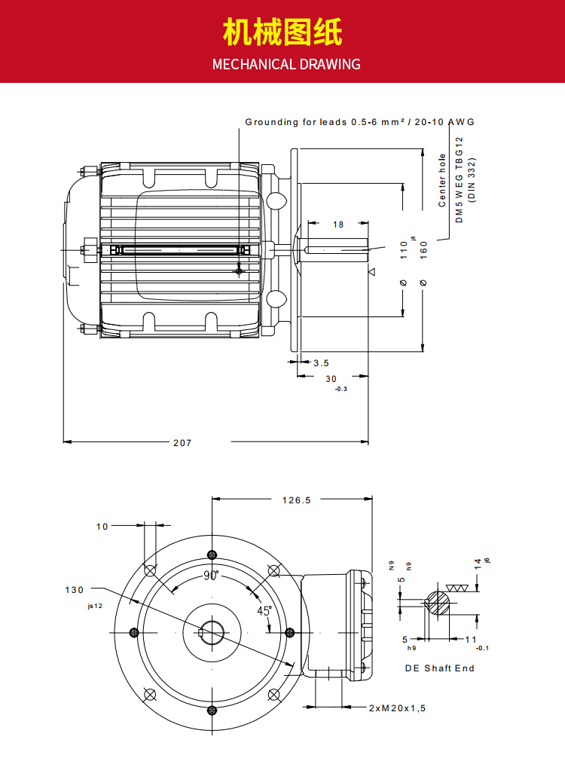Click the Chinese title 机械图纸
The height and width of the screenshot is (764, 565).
(282, 34)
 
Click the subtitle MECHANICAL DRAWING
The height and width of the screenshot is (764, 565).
(286, 64)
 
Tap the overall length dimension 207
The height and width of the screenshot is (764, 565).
(182, 443)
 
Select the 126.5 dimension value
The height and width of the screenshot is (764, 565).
(296, 500)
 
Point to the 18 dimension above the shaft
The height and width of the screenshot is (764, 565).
(338, 225)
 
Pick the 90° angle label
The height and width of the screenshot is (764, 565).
(211, 576)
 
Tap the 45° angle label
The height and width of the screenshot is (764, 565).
(264, 611)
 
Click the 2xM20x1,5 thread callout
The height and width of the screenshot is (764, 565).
(397, 708)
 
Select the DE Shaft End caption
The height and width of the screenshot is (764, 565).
(440, 668)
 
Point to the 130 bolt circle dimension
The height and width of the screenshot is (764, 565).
(75, 590)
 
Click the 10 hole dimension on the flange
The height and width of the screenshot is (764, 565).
(102, 527)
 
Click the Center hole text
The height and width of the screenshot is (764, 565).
(443, 181)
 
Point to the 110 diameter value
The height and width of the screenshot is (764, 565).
(404, 249)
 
